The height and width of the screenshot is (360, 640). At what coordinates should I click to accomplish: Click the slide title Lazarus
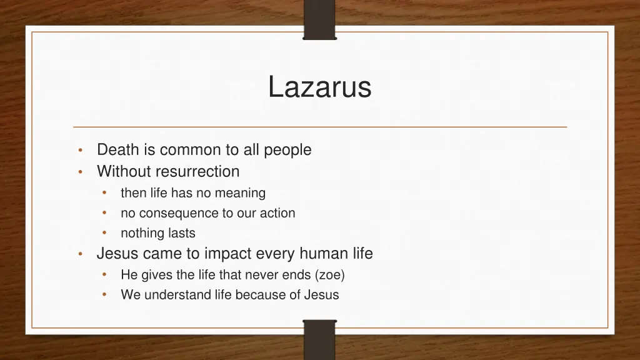tap(319, 87)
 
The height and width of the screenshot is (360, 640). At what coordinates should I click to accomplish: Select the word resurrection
tap(197, 171)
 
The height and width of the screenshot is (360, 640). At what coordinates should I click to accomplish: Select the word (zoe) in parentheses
tap(330, 274)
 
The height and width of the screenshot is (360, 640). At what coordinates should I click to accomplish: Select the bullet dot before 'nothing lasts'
tap(106, 233)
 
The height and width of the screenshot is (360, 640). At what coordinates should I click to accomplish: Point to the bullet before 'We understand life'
tap(106, 295)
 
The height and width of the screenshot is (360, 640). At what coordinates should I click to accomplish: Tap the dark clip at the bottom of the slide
tap(319, 339)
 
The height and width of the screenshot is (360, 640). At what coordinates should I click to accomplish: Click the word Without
tap(124, 171)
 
